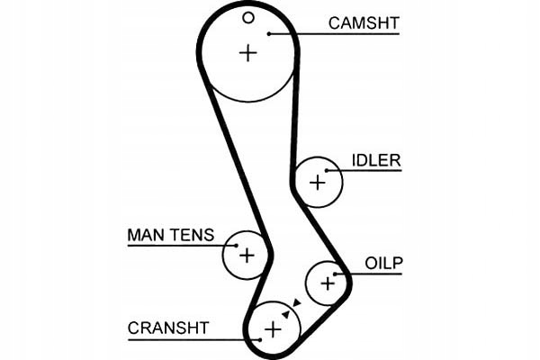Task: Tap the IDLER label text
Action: click(377, 160)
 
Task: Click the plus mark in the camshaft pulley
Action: click(247, 52)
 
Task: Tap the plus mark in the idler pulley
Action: click(317, 182)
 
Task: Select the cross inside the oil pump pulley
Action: click(328, 283)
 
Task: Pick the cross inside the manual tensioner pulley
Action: click(247, 255)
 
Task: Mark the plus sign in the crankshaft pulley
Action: click(272, 329)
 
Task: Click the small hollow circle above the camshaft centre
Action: click(248, 17)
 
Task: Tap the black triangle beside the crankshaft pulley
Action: click(295, 303)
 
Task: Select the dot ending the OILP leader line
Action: click(336, 274)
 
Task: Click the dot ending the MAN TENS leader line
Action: click(237, 245)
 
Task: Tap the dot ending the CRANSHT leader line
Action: click(260, 338)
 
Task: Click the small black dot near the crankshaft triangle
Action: click(284, 314)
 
